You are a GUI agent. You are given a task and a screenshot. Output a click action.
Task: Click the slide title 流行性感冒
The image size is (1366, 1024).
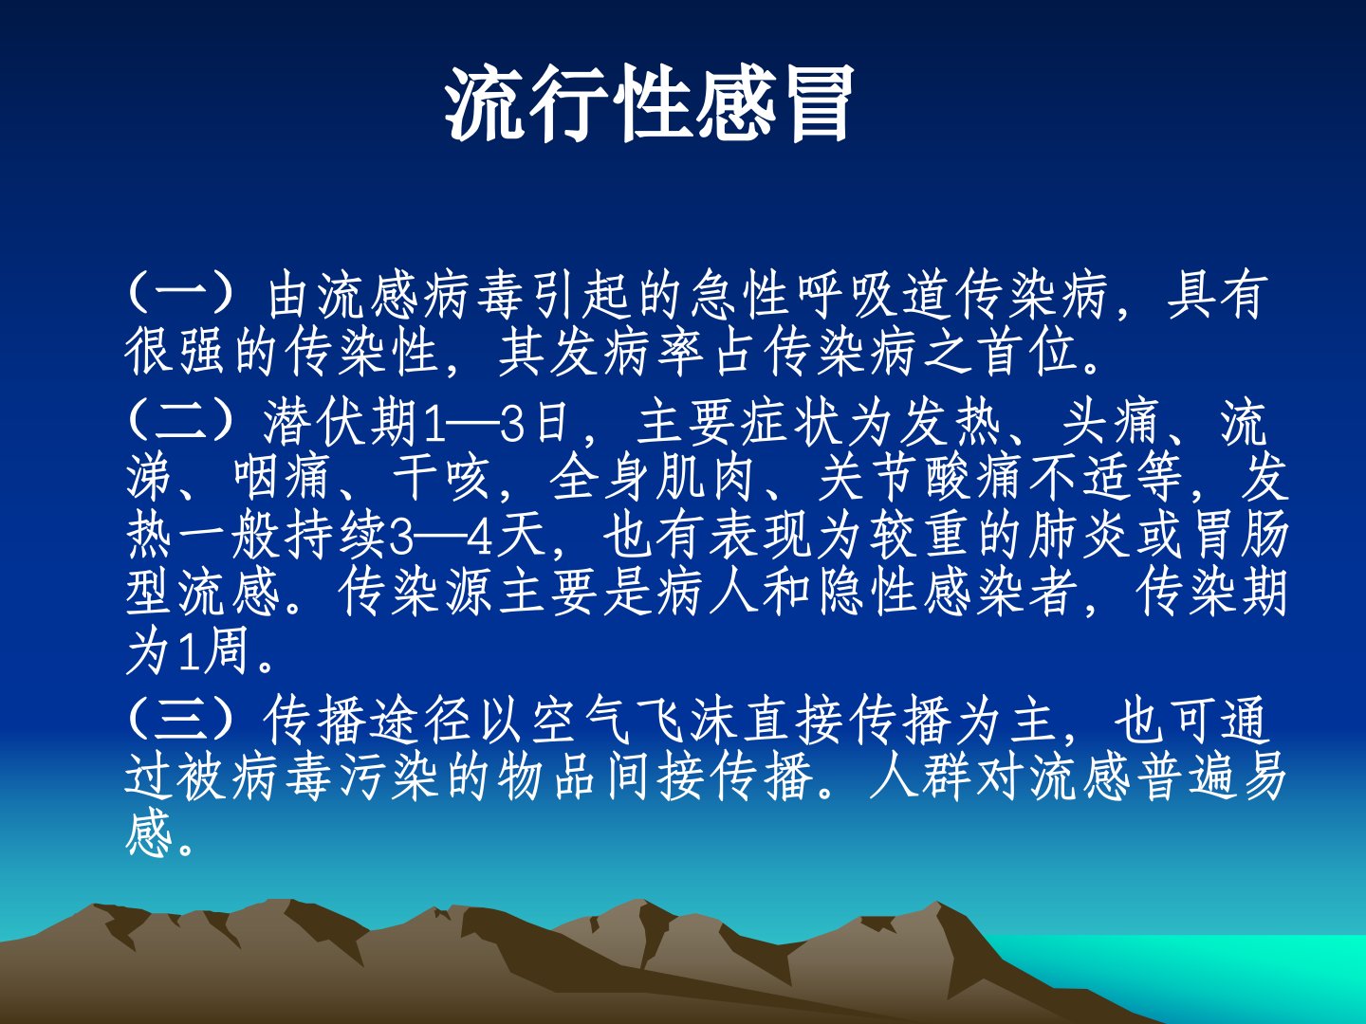click(x=649, y=104)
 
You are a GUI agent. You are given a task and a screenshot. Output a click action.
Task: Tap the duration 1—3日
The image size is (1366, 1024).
click(x=496, y=422)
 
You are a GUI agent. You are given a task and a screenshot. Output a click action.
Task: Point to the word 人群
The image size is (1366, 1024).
click(x=920, y=777)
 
